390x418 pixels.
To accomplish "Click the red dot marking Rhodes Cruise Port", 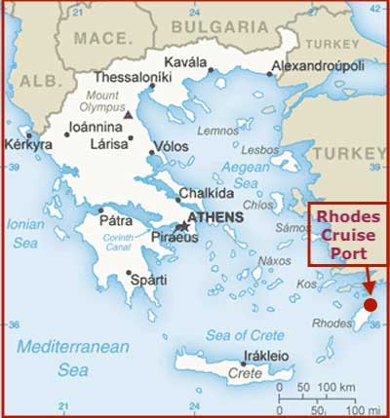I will click(x=371, y=305).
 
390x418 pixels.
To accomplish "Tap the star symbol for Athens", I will click(x=181, y=226).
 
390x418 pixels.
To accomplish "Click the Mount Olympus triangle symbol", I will click(x=129, y=114).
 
